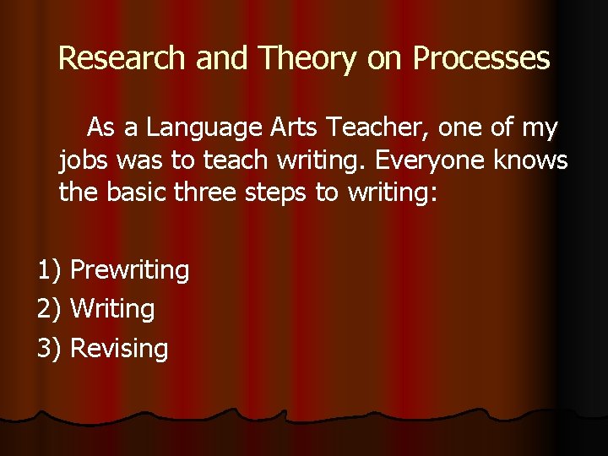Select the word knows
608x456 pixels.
point(533,160)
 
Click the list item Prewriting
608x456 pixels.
point(130,270)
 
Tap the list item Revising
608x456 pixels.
point(119,348)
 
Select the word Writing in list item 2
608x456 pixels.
point(112,309)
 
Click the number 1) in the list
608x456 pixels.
point(50,270)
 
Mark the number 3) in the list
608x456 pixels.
point(50,348)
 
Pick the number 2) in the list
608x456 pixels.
point(50,309)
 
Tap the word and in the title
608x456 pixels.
point(224,57)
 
